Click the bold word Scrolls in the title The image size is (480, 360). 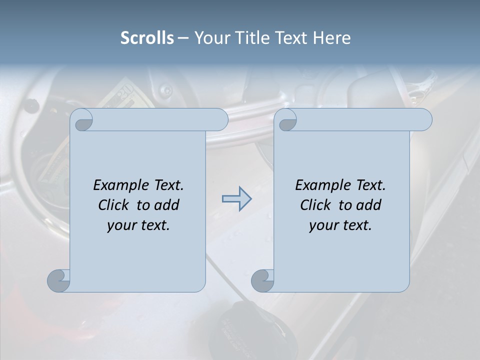tap(147, 37)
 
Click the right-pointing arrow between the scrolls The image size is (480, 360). tap(237, 199)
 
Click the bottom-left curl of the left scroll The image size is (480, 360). tap(58, 280)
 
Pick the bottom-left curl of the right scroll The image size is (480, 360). tap(262, 280)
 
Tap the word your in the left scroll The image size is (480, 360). tap(120, 225)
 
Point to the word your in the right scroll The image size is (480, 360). tap(322, 225)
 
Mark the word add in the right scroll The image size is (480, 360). tap(369, 205)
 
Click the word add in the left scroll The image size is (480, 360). tap(167, 205)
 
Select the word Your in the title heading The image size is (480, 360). tap(210, 37)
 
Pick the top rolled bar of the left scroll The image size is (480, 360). tap(160, 119)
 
